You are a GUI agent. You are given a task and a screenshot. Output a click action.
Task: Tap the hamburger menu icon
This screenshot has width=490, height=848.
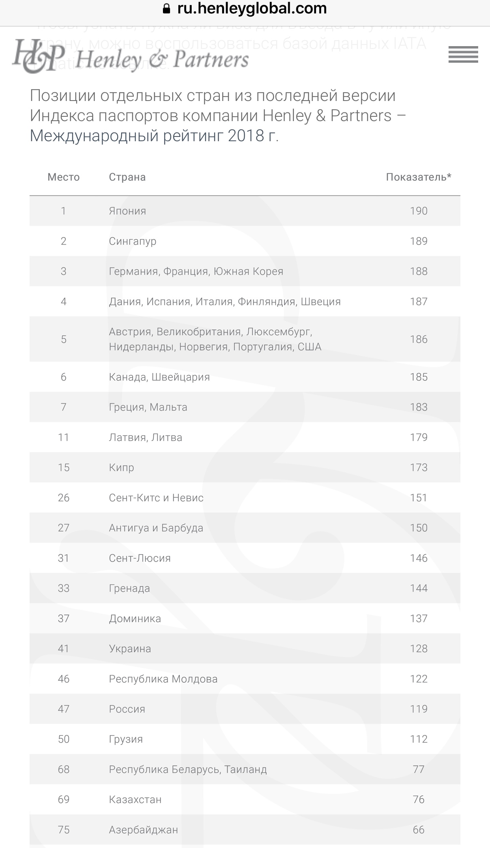pos(463,54)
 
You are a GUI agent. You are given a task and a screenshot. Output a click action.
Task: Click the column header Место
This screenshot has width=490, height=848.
pos(64,177)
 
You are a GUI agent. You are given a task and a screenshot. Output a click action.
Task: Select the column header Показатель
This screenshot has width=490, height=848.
pos(418,177)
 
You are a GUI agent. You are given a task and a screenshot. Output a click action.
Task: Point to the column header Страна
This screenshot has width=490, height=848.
pos(127,177)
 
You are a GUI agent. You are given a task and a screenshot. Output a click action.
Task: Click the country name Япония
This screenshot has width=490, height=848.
pos(127,211)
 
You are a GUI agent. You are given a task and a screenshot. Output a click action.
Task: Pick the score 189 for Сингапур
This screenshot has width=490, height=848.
pos(419,241)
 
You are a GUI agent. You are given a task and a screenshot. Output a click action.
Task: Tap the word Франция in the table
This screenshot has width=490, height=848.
pos(186,271)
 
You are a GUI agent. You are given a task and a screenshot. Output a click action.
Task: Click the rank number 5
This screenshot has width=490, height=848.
pos(64,339)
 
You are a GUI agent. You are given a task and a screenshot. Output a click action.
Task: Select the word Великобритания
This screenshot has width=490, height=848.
pos(199,332)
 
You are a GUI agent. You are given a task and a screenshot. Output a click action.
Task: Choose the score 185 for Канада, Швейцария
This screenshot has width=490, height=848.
pos(419,377)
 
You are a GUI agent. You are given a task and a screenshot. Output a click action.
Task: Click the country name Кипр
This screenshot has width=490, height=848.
pos(122,467)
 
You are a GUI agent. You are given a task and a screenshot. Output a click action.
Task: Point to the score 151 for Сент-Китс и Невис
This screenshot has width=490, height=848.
pos(419,498)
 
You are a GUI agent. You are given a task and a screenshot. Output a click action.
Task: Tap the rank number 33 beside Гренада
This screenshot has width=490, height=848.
pos(64,588)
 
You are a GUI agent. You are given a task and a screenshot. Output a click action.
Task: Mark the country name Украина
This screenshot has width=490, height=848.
pos(130,648)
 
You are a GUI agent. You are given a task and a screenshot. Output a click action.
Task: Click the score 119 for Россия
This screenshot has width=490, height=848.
pos(419,709)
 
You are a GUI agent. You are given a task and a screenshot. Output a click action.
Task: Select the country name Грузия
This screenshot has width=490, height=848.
pos(126,739)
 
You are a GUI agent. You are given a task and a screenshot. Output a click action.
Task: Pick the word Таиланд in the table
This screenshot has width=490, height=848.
pos(246,769)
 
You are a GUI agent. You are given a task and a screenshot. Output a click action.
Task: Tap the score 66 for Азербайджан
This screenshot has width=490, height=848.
pos(419,829)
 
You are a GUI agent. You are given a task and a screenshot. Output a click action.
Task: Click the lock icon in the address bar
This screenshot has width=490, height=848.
pos(167,9)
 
